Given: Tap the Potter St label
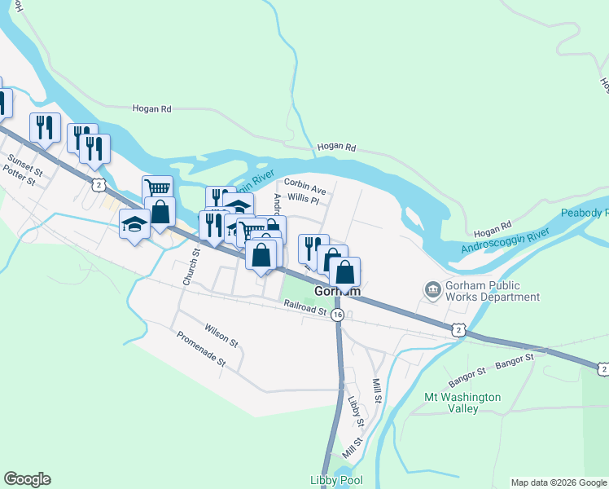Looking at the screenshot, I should pyautogui.click(x=20, y=174).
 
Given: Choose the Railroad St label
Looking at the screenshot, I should pyautogui.click(x=305, y=308).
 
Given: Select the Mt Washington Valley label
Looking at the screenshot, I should pyautogui.click(x=463, y=403).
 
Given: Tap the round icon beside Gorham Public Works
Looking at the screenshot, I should pyautogui.click(x=432, y=288).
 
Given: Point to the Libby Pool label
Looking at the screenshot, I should pyautogui.click(x=335, y=481).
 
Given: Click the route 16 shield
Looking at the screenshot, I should pyautogui.click(x=337, y=314).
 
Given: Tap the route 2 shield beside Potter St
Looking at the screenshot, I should pyautogui.click(x=98, y=185).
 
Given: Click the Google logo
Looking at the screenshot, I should pyautogui.click(x=27, y=479).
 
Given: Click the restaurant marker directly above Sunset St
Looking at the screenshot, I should pyautogui.click(x=44, y=128).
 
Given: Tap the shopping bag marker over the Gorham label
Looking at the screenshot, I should pyautogui.click(x=345, y=273).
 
